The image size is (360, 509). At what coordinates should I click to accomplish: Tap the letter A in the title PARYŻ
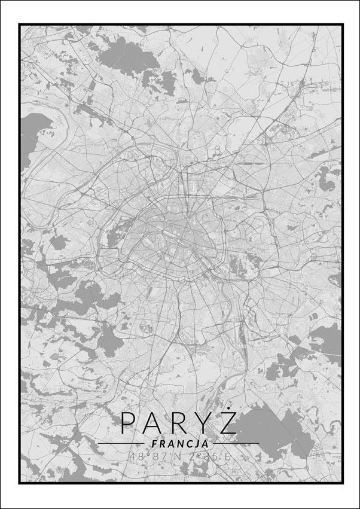click(153, 423)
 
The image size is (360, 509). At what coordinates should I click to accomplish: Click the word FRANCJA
click(180, 444)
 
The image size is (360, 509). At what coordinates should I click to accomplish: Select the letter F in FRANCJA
click(155, 444)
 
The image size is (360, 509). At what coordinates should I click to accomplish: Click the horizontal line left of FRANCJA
click(123, 444)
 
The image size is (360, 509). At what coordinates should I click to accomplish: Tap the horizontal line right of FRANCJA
click(236, 444)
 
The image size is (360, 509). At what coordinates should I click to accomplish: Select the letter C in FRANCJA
click(187, 444)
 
